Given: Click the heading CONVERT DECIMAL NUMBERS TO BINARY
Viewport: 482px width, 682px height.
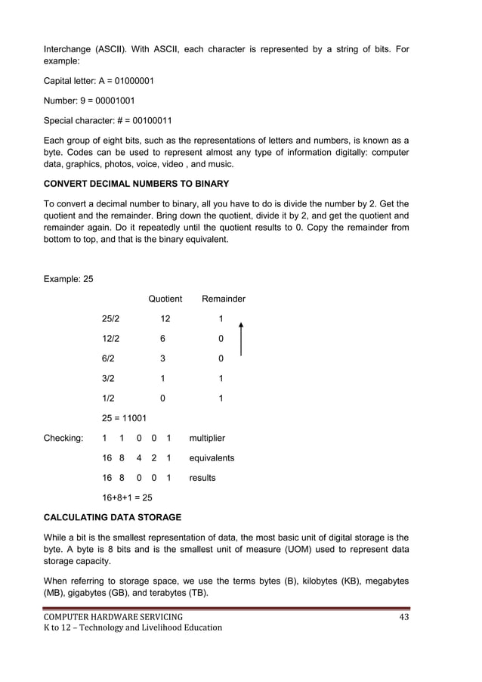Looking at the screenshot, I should (136, 184).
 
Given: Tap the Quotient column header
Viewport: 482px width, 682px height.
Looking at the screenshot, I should (165, 299).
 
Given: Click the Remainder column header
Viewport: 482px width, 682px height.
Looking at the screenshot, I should (223, 299).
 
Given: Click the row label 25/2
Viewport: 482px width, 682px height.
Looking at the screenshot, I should (111, 319).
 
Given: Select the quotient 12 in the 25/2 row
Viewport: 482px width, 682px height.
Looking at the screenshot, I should (165, 319).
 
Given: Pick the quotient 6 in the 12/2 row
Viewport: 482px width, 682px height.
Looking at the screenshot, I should (162, 339).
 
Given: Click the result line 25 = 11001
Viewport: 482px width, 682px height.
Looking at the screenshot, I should (124, 418).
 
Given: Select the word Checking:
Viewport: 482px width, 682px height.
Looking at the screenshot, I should (63, 438).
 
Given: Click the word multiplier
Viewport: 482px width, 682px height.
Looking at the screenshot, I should (207, 438).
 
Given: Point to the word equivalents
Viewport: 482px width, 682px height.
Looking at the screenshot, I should (212, 457).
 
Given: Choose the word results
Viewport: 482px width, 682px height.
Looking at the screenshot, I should (202, 478).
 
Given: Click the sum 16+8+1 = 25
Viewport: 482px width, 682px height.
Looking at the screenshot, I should (131, 498).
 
